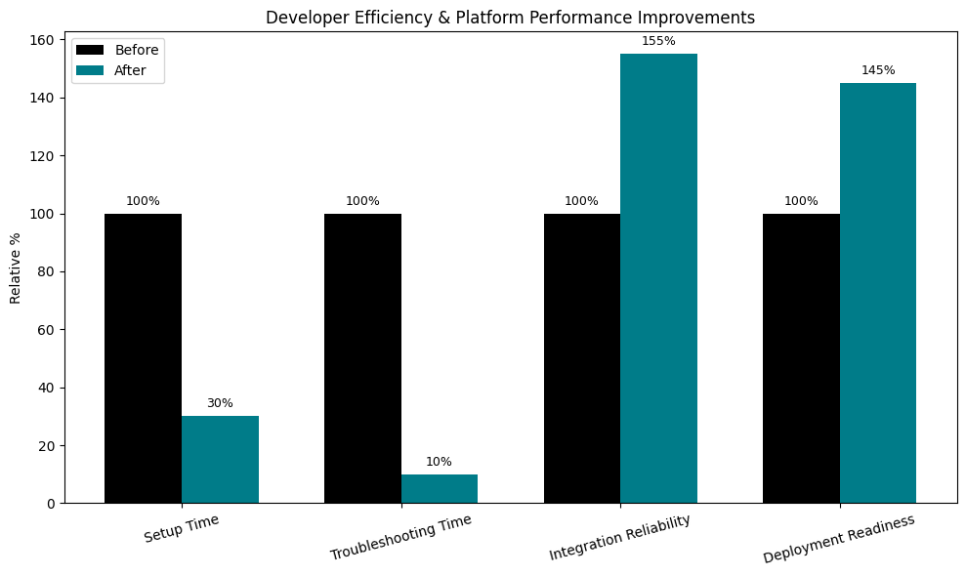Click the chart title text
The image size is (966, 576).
510,18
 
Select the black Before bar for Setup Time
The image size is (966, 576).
143,358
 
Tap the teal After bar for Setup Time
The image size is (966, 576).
220,460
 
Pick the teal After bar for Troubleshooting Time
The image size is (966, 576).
440,488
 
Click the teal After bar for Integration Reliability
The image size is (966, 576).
658,278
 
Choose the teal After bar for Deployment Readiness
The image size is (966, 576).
877,293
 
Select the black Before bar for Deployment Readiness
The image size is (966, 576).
801,358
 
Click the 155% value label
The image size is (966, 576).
658,41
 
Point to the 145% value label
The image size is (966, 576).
877,70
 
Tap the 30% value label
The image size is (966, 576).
220,403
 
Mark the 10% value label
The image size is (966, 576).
440,462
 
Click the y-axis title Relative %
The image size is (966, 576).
16,267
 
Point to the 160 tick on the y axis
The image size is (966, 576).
46,40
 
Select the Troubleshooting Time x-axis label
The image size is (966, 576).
400,537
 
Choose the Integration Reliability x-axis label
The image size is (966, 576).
619,537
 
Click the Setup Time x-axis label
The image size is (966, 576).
182,528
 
